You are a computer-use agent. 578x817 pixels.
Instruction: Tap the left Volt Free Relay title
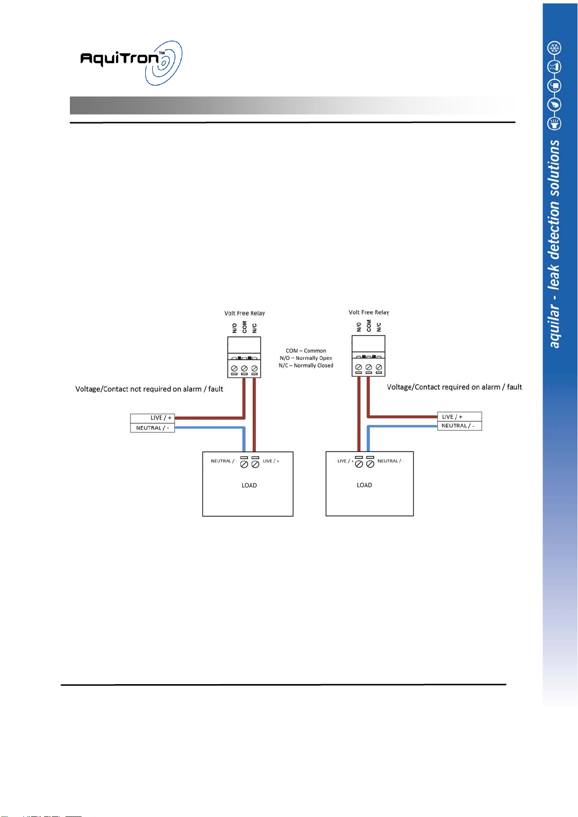(x=244, y=313)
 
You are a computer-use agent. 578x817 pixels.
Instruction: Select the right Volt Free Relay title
(x=369, y=312)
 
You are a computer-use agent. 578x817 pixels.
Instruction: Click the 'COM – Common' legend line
(x=306, y=351)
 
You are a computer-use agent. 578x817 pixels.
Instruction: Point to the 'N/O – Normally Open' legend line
(x=306, y=358)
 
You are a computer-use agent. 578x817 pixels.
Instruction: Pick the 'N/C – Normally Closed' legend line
(x=306, y=366)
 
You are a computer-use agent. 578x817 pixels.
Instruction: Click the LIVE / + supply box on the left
(x=152, y=418)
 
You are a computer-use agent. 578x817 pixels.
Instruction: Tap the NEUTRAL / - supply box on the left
(x=152, y=428)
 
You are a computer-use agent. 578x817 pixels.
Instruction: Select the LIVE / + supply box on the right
(x=459, y=417)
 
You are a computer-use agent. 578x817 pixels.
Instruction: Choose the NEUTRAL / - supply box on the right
(x=459, y=426)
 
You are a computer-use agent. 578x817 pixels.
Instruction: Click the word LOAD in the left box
(x=249, y=485)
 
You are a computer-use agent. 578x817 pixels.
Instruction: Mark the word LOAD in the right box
(x=364, y=485)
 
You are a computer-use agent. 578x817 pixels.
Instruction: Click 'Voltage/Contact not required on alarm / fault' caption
(x=149, y=389)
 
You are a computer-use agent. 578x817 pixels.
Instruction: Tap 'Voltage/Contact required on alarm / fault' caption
(x=454, y=387)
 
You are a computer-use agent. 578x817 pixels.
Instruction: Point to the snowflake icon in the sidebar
(x=554, y=48)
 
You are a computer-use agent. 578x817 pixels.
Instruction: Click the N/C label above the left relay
(x=254, y=328)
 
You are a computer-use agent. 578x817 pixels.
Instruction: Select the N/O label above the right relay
(x=359, y=327)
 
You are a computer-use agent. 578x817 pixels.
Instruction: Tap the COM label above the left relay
(x=244, y=327)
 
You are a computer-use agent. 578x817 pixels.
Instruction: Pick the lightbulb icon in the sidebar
(x=554, y=124)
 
